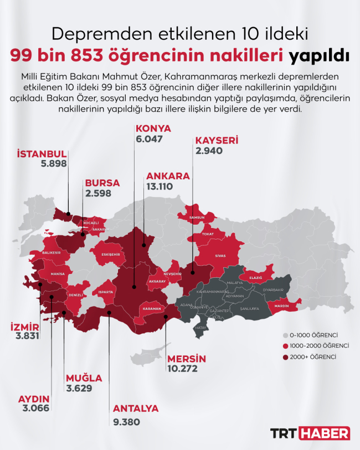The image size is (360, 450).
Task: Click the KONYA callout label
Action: click(153, 128)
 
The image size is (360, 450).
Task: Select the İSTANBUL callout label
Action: click(42, 153)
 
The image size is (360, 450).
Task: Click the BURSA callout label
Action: click(102, 184)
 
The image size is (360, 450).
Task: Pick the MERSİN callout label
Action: click(186, 358)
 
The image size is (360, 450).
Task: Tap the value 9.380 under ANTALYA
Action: click(126, 421)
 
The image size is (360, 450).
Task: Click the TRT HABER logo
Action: click(310, 433)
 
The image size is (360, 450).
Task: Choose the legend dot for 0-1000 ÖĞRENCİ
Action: click(286, 335)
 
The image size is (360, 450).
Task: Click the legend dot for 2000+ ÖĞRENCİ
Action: click(286, 357)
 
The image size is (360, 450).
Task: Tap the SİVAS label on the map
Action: click(220, 257)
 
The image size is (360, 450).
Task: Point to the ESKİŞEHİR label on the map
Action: click(111, 255)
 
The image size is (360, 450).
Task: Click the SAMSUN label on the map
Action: click(197, 218)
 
